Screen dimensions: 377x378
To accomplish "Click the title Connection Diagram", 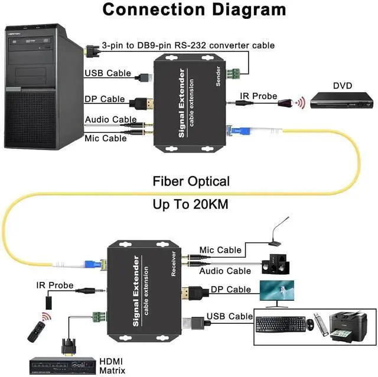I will tap(186, 10).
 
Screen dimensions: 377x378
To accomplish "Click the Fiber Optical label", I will tap(191, 181).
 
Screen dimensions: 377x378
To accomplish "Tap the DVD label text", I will tap(342, 86).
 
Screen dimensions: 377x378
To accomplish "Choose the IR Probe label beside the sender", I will tap(258, 95).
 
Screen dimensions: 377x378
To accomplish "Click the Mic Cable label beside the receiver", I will tap(220, 250).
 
